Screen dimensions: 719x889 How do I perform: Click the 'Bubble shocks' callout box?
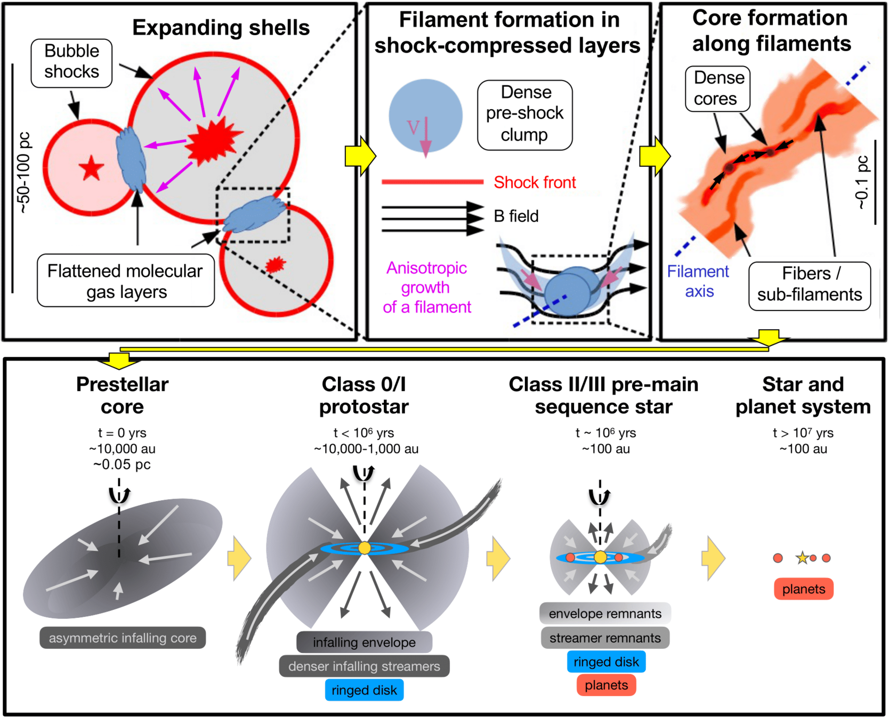tap(71, 62)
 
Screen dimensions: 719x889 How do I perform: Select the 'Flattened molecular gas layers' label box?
tap(126, 281)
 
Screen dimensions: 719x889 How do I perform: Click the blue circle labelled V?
tap(425, 116)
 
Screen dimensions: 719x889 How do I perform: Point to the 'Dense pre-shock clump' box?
tap(525, 114)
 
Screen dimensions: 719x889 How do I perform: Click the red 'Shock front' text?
tap(535, 183)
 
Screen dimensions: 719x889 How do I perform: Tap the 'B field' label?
tap(516, 216)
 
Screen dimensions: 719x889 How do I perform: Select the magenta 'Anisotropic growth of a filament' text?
tap(427, 288)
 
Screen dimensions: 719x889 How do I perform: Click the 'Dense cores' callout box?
tap(717, 88)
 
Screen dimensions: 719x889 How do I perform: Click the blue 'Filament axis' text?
tap(698, 281)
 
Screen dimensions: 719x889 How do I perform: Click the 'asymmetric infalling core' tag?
tap(123, 638)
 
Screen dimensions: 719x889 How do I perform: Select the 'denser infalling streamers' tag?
tap(364, 666)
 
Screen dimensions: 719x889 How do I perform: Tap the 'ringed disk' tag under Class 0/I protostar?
tap(364, 690)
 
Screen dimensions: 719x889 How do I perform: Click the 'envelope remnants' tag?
tap(605, 614)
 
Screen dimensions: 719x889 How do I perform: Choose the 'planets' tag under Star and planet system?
tap(803, 589)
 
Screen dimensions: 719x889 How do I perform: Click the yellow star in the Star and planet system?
tap(802, 558)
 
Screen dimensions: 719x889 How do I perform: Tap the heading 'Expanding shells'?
tap(221, 28)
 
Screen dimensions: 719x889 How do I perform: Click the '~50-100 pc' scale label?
tap(25, 173)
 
